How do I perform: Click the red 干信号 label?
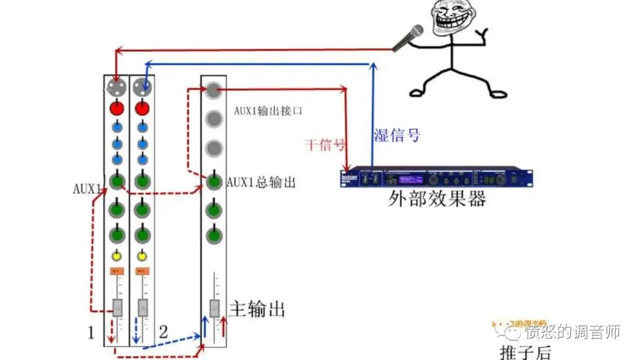[325, 144]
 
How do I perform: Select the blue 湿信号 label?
[396, 135]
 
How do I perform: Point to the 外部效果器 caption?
[437, 199]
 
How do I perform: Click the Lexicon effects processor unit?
[436, 179]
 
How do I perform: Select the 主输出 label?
[256, 309]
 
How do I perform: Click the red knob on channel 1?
[116, 109]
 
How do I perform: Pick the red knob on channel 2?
[141, 109]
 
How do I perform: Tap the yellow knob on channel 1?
[117, 256]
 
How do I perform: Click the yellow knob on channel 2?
[142, 256]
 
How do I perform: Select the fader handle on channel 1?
[117, 307]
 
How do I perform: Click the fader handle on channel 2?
[142, 307]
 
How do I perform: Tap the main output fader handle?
[214, 308]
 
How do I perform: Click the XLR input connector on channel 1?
[116, 88]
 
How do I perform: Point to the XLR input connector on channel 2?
[141, 88]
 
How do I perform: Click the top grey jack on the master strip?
[213, 90]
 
